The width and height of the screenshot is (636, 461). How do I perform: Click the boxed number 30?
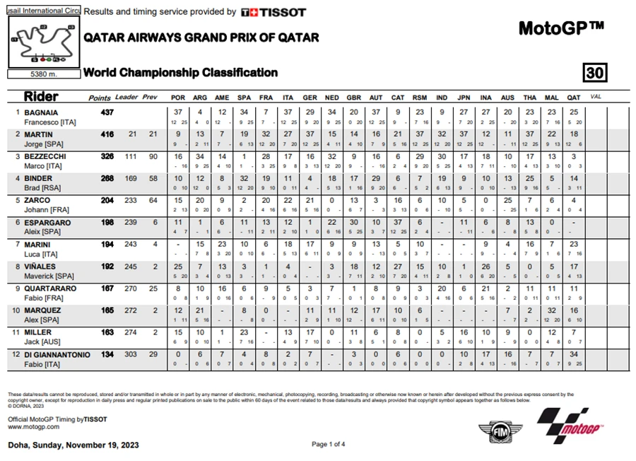coord(595,73)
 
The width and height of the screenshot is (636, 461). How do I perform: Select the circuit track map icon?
coord(43,42)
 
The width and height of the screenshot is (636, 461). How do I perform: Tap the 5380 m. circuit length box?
coord(43,74)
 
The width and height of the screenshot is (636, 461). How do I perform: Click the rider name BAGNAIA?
coord(42,112)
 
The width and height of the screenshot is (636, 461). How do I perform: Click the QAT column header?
coord(573,97)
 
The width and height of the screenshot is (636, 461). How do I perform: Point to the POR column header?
coord(178,97)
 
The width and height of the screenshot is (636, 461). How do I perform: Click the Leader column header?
coord(126,97)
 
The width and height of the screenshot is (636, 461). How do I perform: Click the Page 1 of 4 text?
coord(328,444)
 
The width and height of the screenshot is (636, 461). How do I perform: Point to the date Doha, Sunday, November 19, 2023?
coord(73,445)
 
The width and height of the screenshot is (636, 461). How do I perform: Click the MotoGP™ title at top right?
coord(561,28)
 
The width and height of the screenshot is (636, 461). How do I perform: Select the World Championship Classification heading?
coord(180,72)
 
